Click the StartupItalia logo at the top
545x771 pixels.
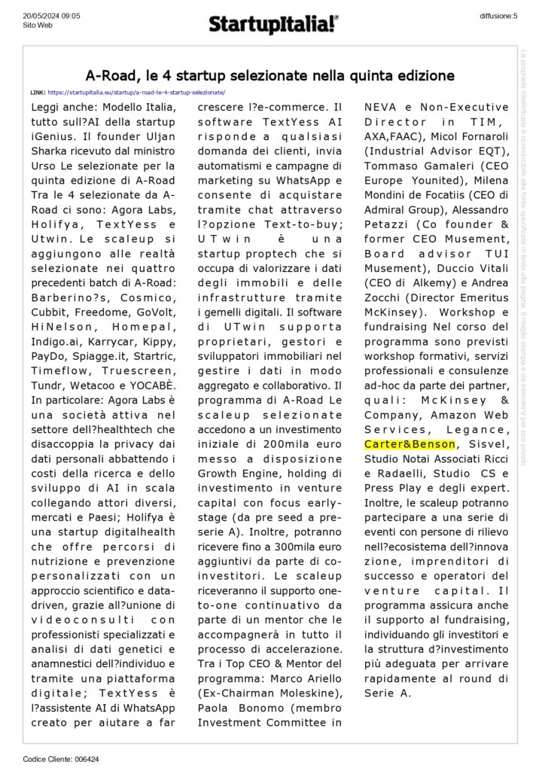[x=273, y=26]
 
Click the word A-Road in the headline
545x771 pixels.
[x=110, y=75]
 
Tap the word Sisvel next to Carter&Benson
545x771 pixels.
[x=467, y=444]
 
